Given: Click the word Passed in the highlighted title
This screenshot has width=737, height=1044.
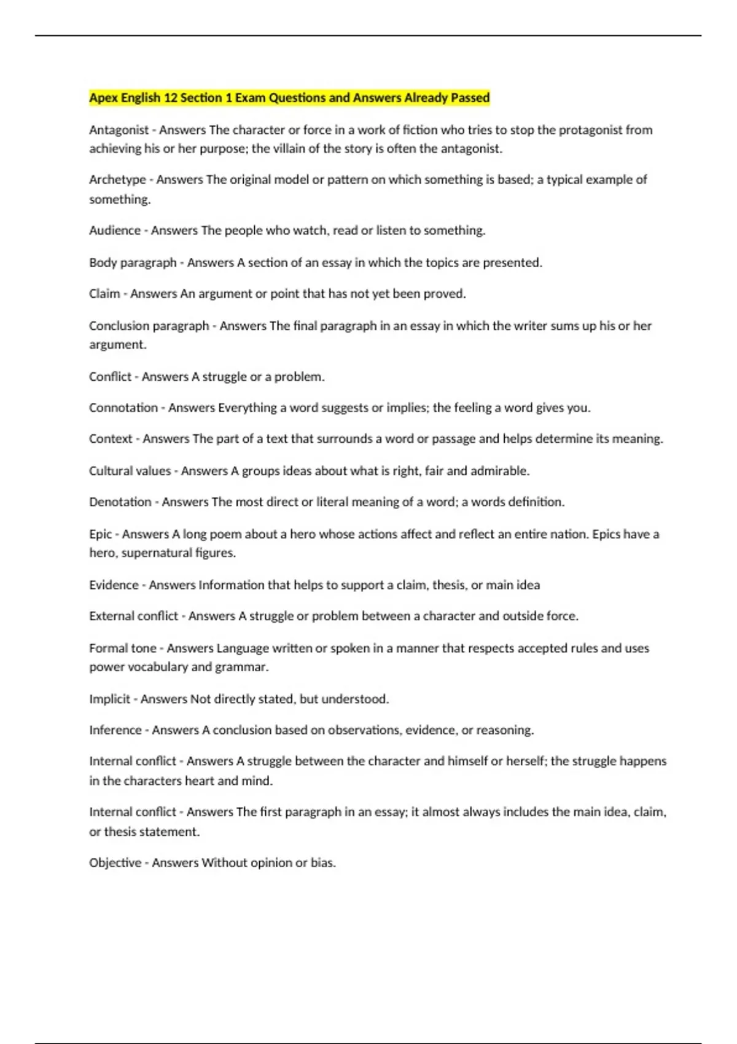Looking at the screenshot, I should pos(470,98).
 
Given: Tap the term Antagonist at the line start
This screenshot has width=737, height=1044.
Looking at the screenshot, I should pos(119,130).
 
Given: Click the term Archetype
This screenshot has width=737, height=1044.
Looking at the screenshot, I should pos(117,180).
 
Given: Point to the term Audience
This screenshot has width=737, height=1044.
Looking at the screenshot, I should pos(115,230).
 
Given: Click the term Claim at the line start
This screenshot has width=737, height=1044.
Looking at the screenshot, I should pos(104,294).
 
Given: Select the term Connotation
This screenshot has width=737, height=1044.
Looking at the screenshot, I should pos(123,408).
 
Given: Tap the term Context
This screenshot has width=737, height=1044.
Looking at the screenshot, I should pos(111,439).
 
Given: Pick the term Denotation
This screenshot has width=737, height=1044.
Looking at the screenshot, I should pos(120,502).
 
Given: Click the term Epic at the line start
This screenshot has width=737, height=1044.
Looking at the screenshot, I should pos(101,534).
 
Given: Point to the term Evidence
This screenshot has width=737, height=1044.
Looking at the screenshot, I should pos(114,585).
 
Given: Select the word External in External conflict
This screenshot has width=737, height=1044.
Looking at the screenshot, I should pos(111,616).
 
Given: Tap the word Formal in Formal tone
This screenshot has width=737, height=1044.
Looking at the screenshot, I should pos(106,649).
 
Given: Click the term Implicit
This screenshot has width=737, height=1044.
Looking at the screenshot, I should pos(109,699).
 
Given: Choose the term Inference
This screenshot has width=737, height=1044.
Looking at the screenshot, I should pos(115,730).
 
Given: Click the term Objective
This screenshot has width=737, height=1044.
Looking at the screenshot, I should pos(115,863).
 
